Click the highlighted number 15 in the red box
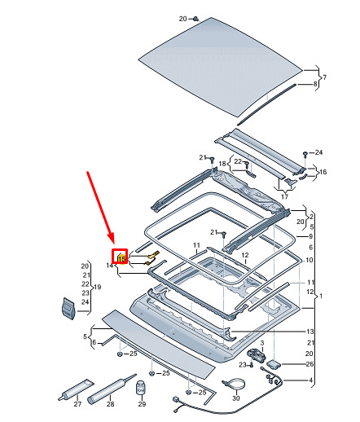coord(122,258)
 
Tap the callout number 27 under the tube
coord(77,404)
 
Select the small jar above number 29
coord(140,388)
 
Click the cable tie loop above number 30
coord(234,383)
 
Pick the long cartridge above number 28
coord(112,389)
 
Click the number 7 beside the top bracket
coord(324,77)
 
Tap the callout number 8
coord(315,84)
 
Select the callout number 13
coord(310,332)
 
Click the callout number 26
coord(310,364)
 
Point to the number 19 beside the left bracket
coord(97,287)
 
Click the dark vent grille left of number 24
coord(68,308)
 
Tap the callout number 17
coord(284,196)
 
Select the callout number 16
coord(323,172)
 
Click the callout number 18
coord(222,164)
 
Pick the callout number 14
coord(109,266)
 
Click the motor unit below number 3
coord(256,354)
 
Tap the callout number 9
coord(311,236)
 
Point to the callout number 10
coord(310,260)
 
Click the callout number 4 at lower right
coord(311,380)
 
